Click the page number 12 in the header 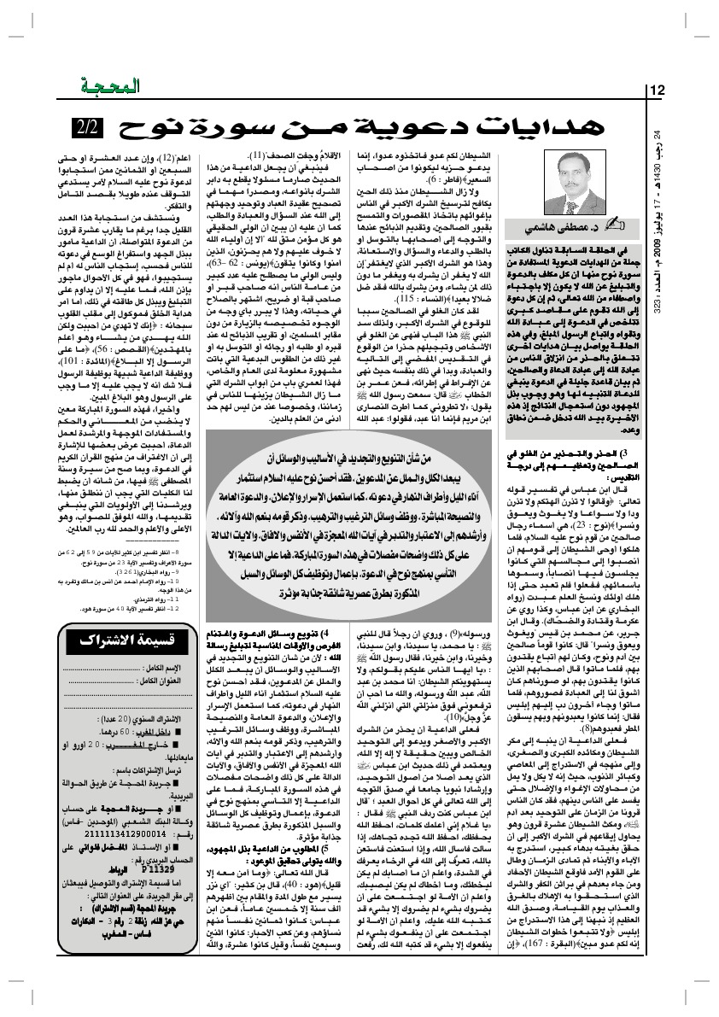pyautogui.click(x=659, y=91)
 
